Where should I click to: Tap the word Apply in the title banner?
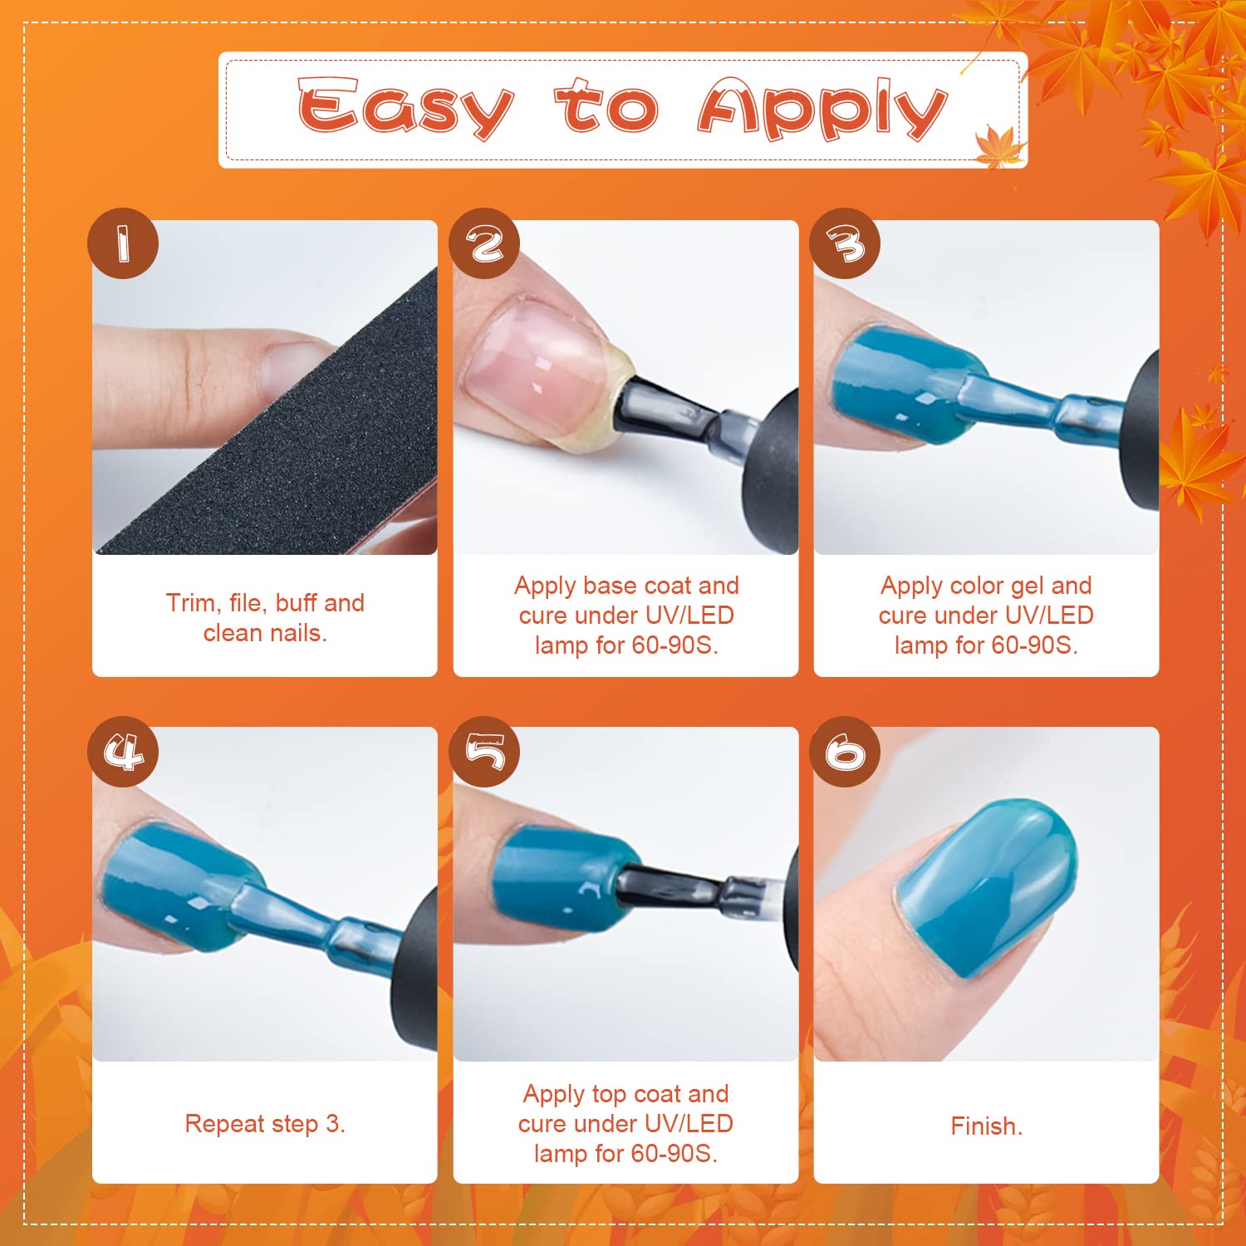(x=822, y=108)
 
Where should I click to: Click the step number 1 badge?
(x=123, y=243)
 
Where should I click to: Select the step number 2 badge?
(x=484, y=243)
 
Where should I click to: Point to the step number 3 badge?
(x=845, y=243)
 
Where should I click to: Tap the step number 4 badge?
(x=123, y=752)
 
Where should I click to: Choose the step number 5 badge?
(x=484, y=752)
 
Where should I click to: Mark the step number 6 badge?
(x=845, y=752)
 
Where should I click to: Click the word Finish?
(x=986, y=1126)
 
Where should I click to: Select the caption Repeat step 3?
(x=265, y=1124)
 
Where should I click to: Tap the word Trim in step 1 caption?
(x=191, y=603)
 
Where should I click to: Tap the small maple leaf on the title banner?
(x=998, y=145)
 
